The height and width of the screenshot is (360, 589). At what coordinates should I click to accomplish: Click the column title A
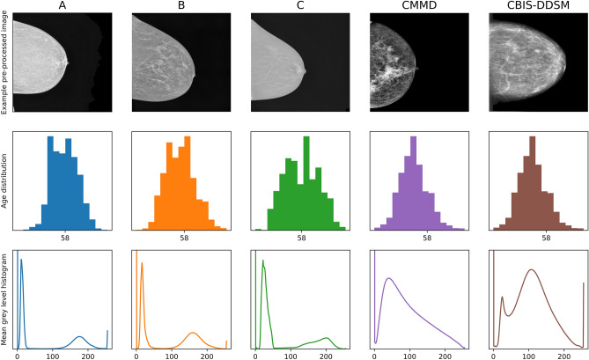click(63, 6)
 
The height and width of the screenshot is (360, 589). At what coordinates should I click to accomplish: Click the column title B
click(182, 6)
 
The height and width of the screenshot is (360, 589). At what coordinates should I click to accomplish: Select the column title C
click(301, 6)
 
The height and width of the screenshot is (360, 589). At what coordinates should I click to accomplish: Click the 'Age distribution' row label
click(6, 181)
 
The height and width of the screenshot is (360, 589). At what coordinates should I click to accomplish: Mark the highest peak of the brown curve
click(531, 270)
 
